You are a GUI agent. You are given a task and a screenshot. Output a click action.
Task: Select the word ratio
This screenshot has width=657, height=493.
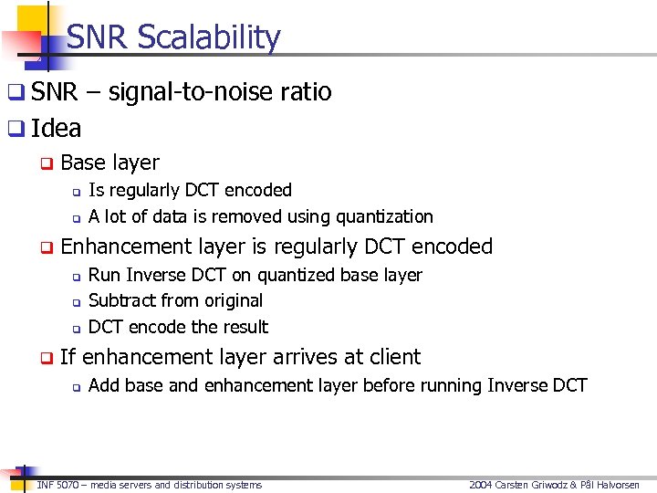click(x=306, y=92)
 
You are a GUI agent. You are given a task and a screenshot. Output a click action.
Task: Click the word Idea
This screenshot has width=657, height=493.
click(x=57, y=129)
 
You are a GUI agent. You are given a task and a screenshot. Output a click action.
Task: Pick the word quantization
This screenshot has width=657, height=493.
click(x=384, y=217)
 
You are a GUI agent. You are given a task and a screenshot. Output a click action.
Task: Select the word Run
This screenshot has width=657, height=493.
click(x=104, y=275)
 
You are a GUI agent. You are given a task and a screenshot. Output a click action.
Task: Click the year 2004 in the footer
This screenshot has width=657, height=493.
click(x=480, y=485)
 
